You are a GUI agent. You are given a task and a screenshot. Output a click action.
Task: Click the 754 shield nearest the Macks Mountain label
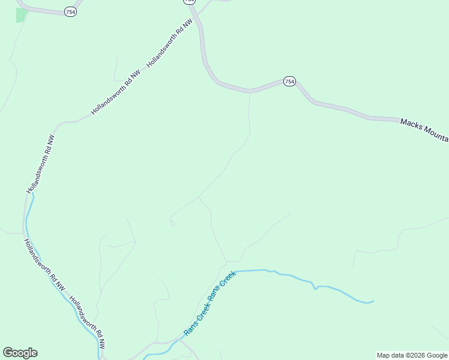[289, 81]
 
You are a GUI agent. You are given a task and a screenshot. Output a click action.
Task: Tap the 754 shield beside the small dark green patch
[71, 11]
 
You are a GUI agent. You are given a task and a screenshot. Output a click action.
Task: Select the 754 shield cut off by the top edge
[190, 2]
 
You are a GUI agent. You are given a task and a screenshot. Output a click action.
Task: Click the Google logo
[20, 353]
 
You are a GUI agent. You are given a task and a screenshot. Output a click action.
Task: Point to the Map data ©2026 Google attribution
[412, 355]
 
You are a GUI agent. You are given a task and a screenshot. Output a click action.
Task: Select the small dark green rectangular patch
[22, 15]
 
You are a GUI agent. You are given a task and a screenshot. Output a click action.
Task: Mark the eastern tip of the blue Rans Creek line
[373, 301]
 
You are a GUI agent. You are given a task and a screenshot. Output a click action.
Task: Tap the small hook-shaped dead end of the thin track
[172, 223]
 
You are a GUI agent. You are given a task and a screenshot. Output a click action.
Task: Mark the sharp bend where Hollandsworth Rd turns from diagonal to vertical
[58, 126]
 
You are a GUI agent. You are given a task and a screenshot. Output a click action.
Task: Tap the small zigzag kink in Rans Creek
[315, 287]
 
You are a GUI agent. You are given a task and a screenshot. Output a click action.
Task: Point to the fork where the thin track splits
[199, 197]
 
